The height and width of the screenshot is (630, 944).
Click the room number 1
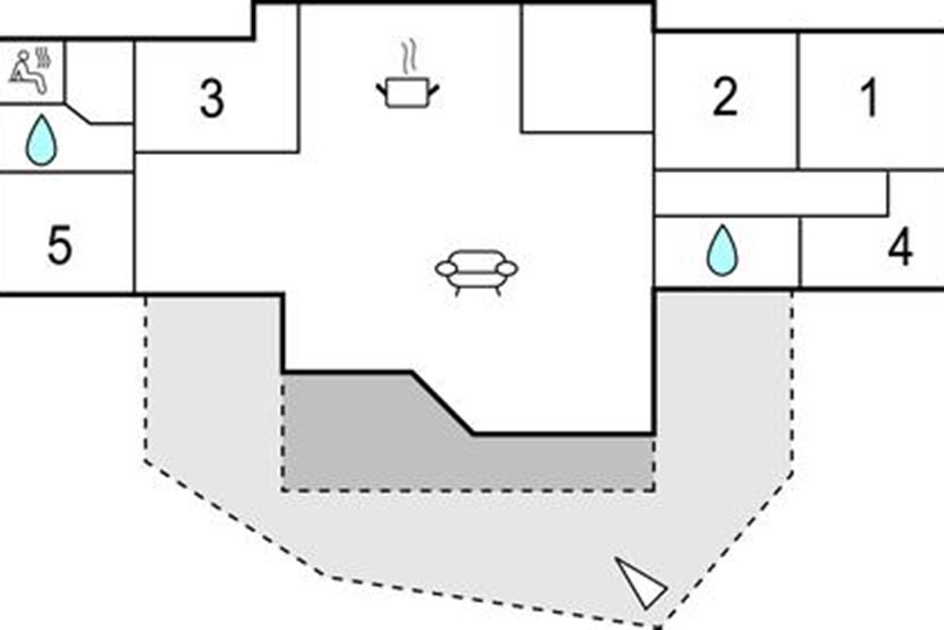pos(869,98)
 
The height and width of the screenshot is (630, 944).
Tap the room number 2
pos(725,97)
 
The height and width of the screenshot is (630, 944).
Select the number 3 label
pos(212,99)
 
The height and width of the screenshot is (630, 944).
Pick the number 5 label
pos(60,245)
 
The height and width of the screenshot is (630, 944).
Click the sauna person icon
pos(28,72)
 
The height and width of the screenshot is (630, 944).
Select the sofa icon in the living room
pos(477,272)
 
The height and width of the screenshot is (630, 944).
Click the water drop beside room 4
pos(722,250)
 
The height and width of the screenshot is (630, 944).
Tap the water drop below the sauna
pos(41,140)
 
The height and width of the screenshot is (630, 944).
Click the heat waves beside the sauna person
pos(43,58)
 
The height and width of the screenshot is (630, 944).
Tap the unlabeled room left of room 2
pos(588,68)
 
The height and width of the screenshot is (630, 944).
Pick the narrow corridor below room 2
pos(771,193)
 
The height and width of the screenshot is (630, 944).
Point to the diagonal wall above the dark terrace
pos(442,403)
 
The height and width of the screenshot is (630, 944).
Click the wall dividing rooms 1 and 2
pos(798,102)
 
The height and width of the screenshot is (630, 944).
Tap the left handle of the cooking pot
pos(382,91)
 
